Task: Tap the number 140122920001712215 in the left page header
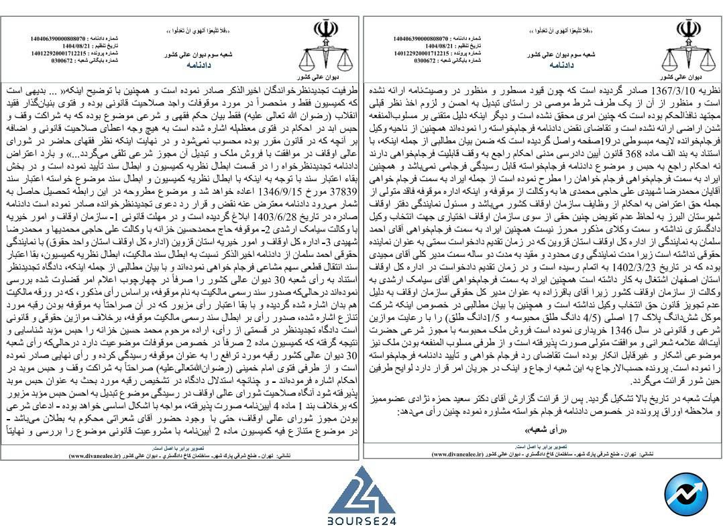pos(58,52)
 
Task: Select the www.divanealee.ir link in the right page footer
pos(457,453)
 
